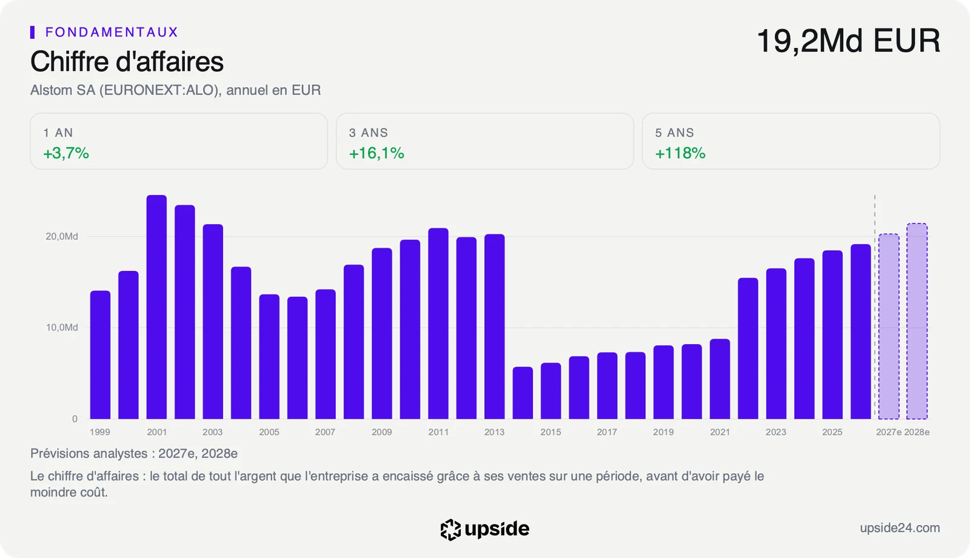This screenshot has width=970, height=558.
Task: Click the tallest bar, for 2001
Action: tap(156, 307)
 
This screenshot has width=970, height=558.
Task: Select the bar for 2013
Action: tap(495, 327)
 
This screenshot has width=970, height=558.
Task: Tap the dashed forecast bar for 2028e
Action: tap(917, 321)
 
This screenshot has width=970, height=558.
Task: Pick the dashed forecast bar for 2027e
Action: tap(889, 327)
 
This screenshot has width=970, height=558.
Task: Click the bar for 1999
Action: tap(100, 355)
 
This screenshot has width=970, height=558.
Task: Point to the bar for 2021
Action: tap(720, 379)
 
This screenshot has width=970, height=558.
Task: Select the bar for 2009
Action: tap(381, 333)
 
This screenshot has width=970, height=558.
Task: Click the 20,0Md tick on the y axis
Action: tap(62, 236)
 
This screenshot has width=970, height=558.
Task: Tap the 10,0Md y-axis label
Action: tap(62, 328)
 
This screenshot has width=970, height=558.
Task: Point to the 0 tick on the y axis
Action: tap(75, 419)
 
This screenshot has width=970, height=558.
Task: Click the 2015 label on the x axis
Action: tap(550, 432)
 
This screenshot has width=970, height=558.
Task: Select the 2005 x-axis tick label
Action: tap(269, 432)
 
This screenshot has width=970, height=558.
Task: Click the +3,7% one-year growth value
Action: tap(66, 153)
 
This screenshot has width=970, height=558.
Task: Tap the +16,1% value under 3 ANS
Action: tap(376, 153)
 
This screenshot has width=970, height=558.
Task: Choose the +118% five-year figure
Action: tap(680, 153)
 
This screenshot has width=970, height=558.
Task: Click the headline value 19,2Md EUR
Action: tap(848, 41)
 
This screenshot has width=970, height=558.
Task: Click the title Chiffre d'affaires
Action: tap(127, 61)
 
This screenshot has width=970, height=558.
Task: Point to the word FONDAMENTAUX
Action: tap(112, 32)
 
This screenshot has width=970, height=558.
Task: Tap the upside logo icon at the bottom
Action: tap(450, 530)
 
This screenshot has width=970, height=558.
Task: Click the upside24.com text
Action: tap(900, 528)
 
